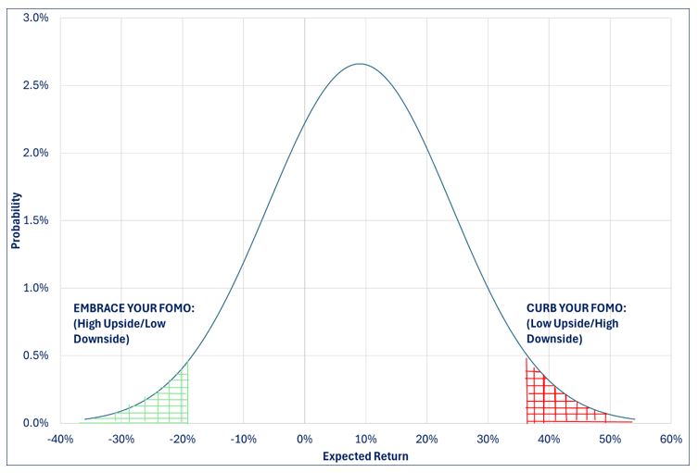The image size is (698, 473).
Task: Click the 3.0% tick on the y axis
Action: tap(35, 18)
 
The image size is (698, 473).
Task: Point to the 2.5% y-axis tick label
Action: tap(35, 85)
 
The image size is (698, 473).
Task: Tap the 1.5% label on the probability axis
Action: tap(35, 220)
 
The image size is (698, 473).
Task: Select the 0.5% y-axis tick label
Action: tap(35, 355)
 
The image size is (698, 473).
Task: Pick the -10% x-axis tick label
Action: tap(243, 439)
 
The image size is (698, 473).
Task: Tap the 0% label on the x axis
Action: tap(304, 439)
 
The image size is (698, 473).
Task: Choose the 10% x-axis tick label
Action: tap(365, 439)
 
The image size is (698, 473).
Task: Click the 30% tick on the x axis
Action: tap(488, 439)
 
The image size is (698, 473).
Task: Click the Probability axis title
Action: tap(15, 220)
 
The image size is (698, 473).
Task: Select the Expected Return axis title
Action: tap(364, 456)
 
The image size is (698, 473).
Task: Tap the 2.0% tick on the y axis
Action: tap(35, 153)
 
